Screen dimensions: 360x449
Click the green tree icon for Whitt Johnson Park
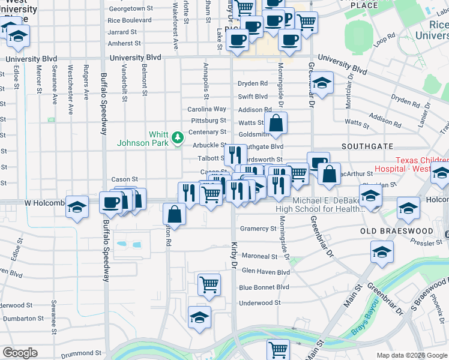tap(177, 138)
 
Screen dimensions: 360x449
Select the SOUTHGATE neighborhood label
tap(367, 146)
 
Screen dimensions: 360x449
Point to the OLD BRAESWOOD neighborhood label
tap(396, 231)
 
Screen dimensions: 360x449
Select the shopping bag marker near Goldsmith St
tap(276, 124)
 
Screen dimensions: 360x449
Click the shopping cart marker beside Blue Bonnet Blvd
tap(209, 284)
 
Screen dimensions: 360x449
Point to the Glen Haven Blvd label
tap(265, 272)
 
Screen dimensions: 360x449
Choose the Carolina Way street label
tap(206, 109)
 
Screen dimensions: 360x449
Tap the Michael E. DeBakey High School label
tap(329, 205)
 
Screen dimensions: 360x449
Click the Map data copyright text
tap(412, 355)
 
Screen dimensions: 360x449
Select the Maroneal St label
tap(259, 256)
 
